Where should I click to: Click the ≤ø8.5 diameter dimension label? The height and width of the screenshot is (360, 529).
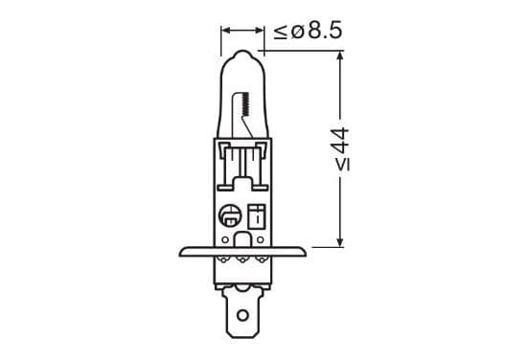pos(308,31)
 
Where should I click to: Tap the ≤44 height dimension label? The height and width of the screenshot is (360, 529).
pos(341,149)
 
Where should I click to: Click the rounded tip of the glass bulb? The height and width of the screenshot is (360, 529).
pos(242,53)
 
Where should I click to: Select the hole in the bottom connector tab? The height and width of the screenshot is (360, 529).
pos(242,315)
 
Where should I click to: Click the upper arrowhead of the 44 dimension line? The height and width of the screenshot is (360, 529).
pos(340,56)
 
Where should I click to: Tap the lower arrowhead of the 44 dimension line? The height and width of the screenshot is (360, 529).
pos(340,241)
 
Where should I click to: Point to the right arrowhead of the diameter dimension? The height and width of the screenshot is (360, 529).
pos(259,31)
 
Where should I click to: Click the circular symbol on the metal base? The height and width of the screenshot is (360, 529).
pos(230,215)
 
